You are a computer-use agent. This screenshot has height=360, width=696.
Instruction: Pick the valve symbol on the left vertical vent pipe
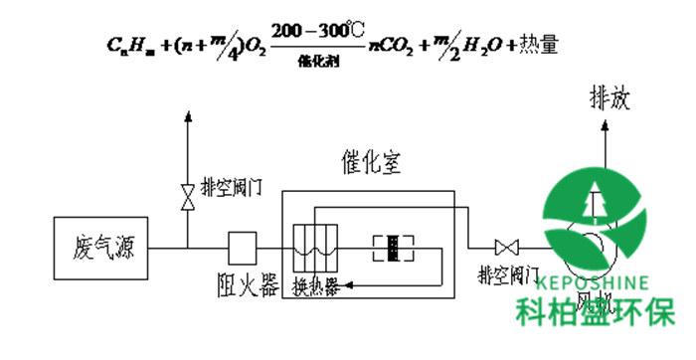point(187,195)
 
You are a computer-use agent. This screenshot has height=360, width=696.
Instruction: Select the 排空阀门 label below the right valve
point(508,273)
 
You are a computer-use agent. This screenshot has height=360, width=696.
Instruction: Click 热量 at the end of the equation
point(523,45)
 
